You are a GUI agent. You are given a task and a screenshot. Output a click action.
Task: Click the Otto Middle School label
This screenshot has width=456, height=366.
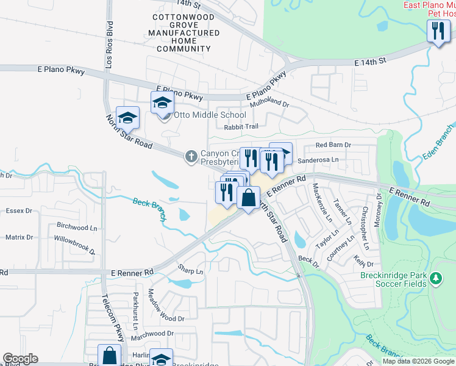(210, 115)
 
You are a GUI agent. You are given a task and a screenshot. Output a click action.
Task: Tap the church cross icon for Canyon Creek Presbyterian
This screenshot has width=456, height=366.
(191, 156)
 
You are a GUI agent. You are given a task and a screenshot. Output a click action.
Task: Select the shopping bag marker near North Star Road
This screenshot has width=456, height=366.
(248, 198)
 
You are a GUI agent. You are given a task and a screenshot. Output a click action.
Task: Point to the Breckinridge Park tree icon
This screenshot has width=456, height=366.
(435, 279)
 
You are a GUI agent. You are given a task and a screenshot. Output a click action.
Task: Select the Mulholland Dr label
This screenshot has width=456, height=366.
(269, 104)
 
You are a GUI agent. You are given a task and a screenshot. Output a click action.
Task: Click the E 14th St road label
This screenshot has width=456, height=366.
(371, 62)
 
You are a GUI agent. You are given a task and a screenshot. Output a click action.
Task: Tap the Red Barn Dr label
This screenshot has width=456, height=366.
(333, 145)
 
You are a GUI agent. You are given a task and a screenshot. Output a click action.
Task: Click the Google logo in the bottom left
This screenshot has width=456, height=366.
(20, 359)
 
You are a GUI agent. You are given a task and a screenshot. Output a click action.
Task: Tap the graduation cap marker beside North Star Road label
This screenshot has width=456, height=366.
(128, 118)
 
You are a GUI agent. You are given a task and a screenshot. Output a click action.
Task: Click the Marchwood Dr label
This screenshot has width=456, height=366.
(152, 334)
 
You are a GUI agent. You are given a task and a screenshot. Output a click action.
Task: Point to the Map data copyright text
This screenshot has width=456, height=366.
(418, 361)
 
